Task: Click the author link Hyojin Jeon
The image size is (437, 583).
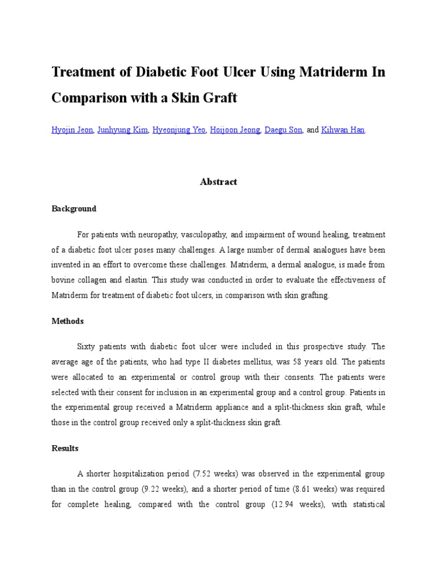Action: tap(72, 130)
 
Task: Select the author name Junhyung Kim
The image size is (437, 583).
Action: tap(123, 130)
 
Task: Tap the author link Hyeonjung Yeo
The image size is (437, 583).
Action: tap(179, 130)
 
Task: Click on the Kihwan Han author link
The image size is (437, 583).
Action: tap(343, 130)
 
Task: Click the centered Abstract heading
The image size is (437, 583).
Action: tap(218, 182)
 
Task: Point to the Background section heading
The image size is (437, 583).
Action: tap(74, 209)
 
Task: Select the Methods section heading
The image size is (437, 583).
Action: tap(68, 321)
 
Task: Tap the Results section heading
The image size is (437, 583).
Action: tap(65, 448)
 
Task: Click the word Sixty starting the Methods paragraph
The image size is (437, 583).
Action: tap(86, 347)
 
